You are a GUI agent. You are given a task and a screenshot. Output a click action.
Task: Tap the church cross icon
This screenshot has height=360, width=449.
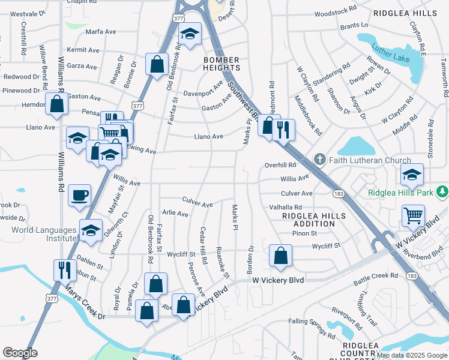[x=320, y=160]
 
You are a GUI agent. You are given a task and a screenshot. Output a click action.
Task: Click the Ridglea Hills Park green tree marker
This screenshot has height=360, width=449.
[x=442, y=191]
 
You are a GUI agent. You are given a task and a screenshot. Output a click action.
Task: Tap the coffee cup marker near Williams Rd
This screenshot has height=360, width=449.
[x=79, y=195]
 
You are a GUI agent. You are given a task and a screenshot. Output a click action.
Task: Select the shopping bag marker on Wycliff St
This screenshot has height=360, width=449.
[x=280, y=256]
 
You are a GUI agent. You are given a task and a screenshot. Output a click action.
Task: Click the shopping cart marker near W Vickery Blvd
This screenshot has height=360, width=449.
[x=412, y=215]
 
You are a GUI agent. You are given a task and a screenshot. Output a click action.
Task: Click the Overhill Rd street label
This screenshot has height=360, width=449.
[x=281, y=165]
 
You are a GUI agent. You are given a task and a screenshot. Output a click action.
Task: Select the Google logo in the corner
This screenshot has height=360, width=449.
[x=20, y=353]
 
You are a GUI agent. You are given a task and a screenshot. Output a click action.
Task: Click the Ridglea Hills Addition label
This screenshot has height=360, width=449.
[x=314, y=219]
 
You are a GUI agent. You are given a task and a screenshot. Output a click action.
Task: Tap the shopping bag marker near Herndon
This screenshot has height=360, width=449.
[x=56, y=104]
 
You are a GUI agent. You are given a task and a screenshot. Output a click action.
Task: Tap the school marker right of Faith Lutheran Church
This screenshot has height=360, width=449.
[x=412, y=175]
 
